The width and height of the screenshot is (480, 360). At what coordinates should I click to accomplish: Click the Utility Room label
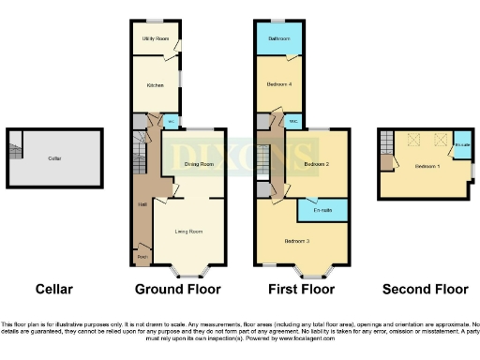[155, 38]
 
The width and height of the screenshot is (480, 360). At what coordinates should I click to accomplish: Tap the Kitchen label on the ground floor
[155, 84]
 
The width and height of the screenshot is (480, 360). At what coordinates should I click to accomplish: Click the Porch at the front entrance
[142, 256]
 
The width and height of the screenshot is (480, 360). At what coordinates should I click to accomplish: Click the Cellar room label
[55, 158]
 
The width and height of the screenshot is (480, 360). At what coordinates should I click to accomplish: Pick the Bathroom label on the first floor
[278, 38]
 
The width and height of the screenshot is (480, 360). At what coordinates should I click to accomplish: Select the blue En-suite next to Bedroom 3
[323, 210]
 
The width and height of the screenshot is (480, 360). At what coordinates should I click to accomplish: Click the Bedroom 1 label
[427, 166]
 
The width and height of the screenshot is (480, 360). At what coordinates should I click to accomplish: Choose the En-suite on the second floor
[461, 145]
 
